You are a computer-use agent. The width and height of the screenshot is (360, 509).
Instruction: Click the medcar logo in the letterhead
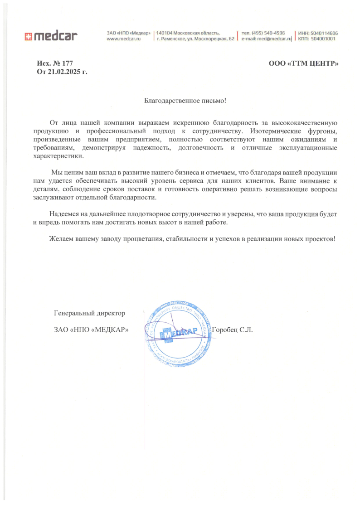pyautogui.click(x=51, y=36)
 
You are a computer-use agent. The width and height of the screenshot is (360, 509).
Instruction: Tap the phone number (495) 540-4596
pyautogui.click(x=268, y=33)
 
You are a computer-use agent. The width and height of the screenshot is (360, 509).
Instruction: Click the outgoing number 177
pyautogui.click(x=67, y=63)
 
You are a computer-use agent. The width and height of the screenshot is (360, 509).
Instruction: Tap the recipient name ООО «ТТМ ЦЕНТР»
pyautogui.click(x=304, y=63)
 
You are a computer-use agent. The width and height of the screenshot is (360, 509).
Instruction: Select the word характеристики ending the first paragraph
pyautogui.click(x=58, y=156)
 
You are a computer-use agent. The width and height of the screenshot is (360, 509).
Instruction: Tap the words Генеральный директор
pyautogui.click(x=89, y=313)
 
